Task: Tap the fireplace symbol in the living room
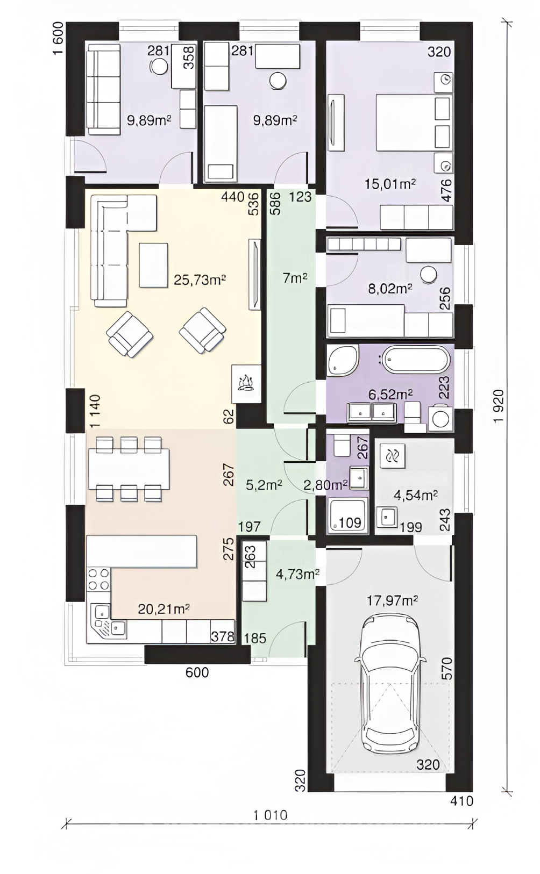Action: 246,384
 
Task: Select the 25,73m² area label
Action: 200,280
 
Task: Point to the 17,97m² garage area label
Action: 392,600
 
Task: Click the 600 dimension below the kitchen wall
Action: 197,672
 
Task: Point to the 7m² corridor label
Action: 294,278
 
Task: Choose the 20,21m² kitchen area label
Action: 164,608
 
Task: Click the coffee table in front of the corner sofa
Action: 153,266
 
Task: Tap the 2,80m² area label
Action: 325,485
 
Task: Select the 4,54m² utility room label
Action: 415,495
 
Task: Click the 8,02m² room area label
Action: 390,288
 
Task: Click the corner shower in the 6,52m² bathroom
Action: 343,360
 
